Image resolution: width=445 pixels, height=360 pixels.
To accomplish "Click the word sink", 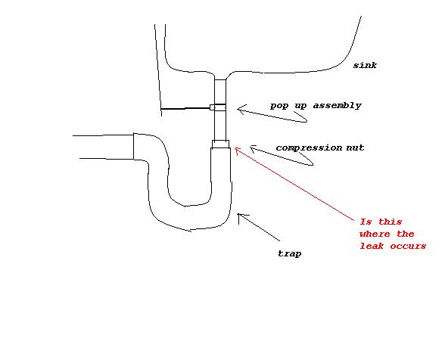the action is click(365, 65).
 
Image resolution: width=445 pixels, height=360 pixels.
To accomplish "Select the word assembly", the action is click(338, 106).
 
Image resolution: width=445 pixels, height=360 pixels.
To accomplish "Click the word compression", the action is click(309, 147).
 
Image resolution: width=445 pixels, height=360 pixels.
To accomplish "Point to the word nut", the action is click(355, 147).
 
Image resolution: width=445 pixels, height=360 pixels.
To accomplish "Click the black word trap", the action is click(289, 253).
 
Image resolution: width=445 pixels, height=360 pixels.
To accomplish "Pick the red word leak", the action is click(372, 246).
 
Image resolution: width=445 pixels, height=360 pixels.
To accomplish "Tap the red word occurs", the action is click(408, 246).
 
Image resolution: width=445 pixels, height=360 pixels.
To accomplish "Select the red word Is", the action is click(366, 222).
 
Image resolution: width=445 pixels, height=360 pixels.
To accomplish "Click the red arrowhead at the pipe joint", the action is click(237, 150).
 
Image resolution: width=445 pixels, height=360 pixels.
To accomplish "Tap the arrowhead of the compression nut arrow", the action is click(252, 148).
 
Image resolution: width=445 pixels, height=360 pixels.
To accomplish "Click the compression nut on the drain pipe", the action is click(221, 144).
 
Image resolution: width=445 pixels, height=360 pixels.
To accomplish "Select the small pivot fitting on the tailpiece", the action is click(218, 107).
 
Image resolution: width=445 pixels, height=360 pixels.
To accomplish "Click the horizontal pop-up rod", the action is click(185, 108).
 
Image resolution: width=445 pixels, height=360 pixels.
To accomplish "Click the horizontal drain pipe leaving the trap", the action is click(104, 147).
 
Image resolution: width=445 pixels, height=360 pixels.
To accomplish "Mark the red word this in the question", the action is click(391, 222).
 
